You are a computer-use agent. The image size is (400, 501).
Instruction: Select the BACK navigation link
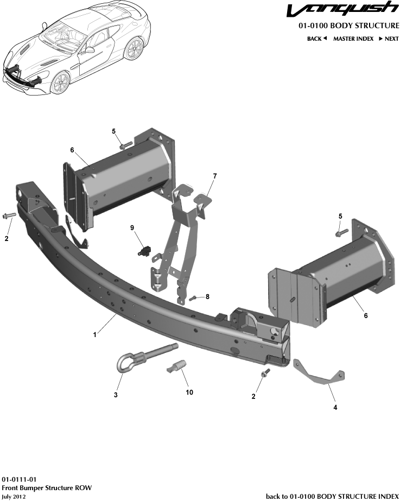click(317, 39)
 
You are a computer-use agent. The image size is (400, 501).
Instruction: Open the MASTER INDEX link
click(353, 39)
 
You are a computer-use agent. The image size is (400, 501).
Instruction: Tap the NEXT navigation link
click(389, 39)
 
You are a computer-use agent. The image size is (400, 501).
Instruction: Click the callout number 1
click(94, 335)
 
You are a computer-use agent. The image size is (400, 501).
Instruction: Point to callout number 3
click(116, 395)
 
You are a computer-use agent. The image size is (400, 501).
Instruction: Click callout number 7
click(215, 176)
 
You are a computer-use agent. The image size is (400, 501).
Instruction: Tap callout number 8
click(207, 296)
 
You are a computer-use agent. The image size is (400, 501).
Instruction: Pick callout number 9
click(132, 229)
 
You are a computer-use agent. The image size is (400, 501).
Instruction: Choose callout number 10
click(189, 392)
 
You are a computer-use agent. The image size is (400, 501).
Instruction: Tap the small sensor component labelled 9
click(144, 251)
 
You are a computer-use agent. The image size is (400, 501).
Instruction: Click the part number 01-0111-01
click(19, 480)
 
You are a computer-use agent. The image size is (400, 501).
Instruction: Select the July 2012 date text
click(14, 497)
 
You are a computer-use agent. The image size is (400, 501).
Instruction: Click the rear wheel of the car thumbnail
click(133, 50)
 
